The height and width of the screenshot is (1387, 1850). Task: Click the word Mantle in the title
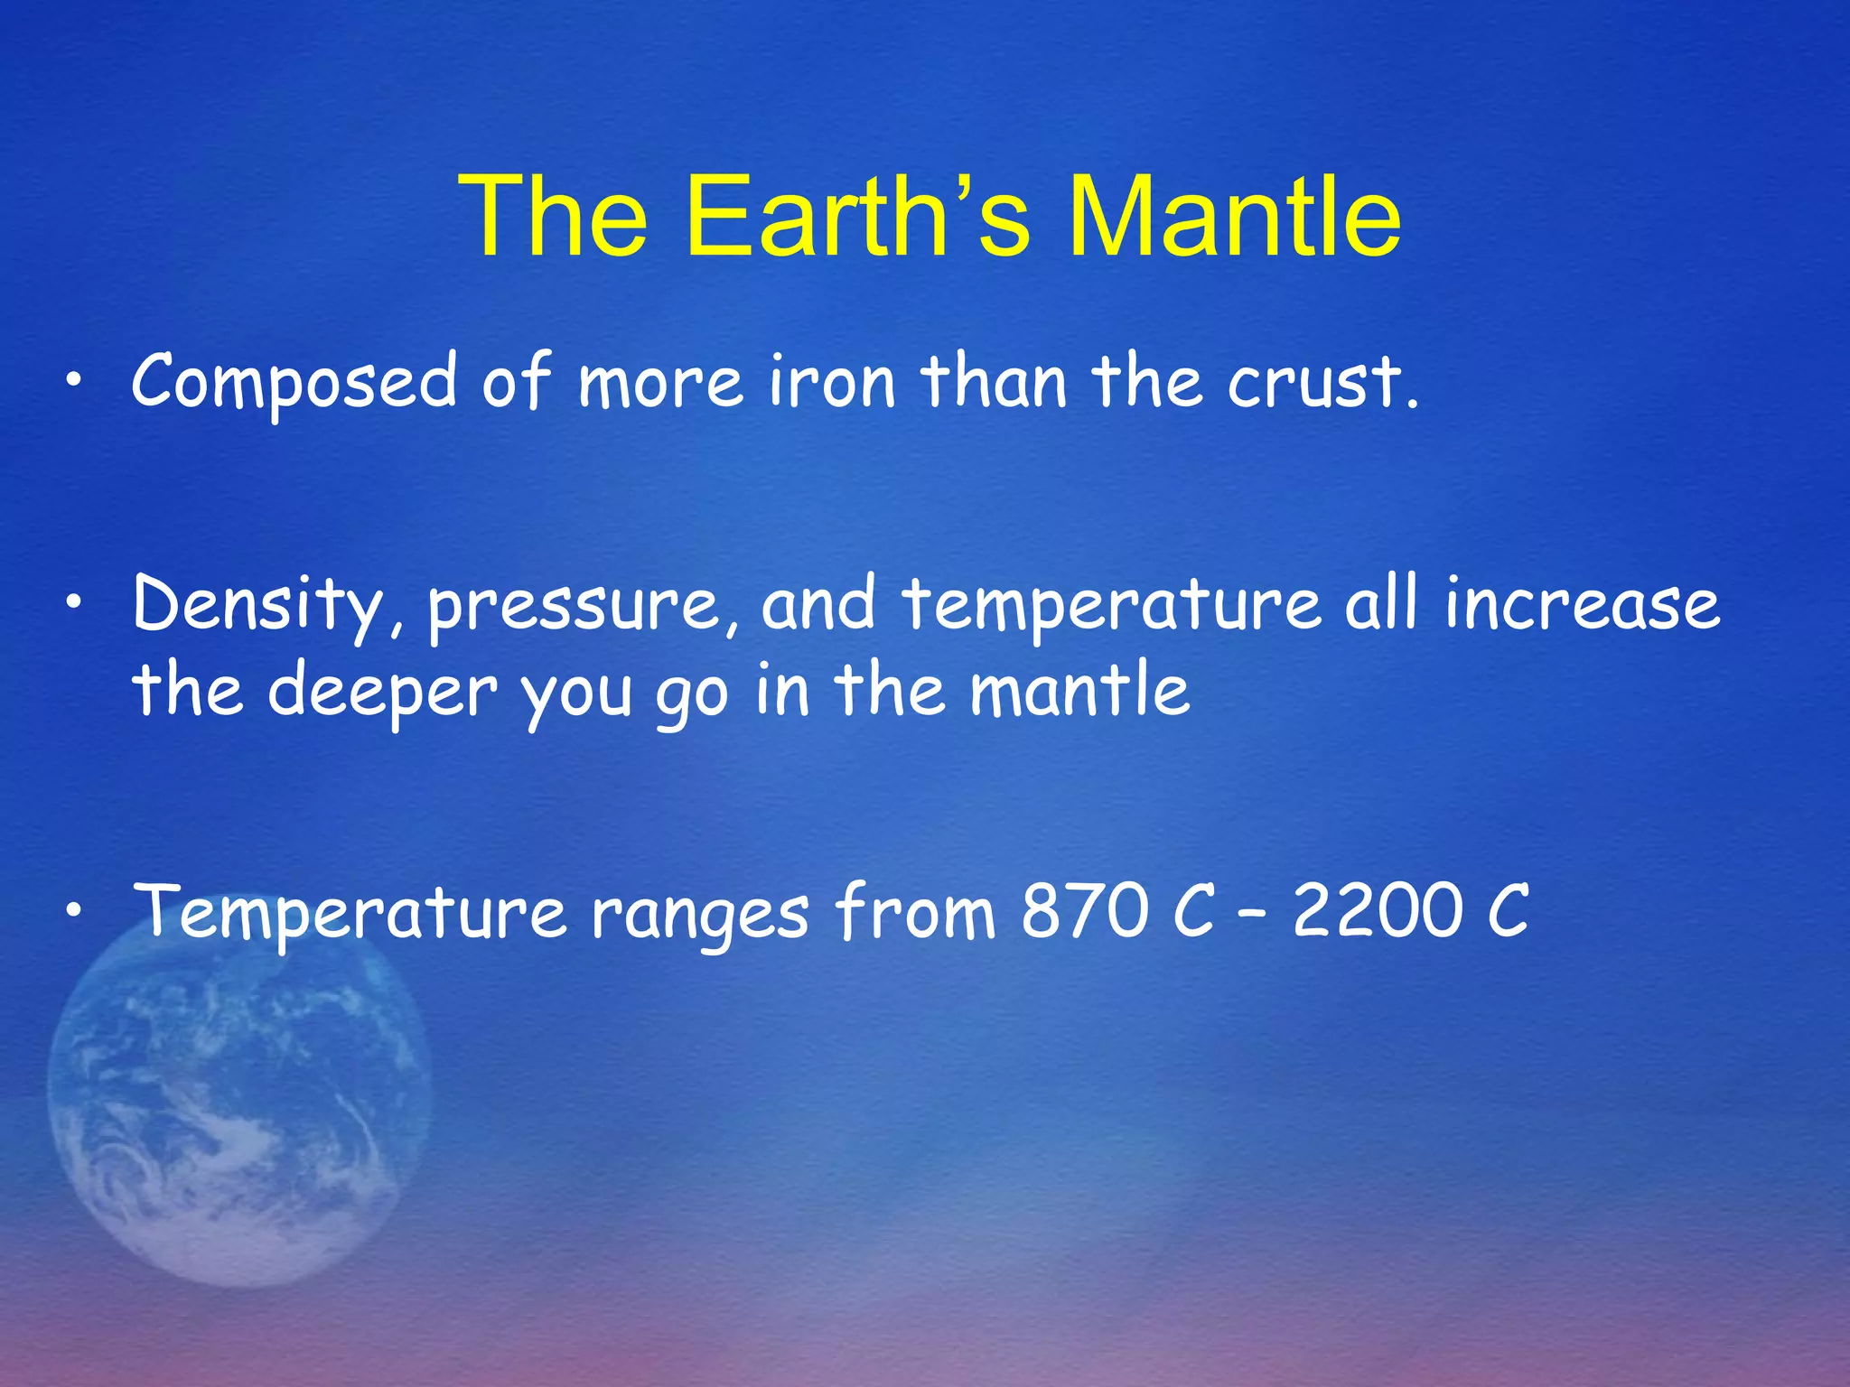tap(1234, 217)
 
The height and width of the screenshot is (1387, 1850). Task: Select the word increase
tap(1582, 603)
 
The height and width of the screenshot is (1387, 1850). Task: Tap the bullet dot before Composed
tap(79, 384)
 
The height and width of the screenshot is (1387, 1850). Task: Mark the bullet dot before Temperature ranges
tap(79, 914)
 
